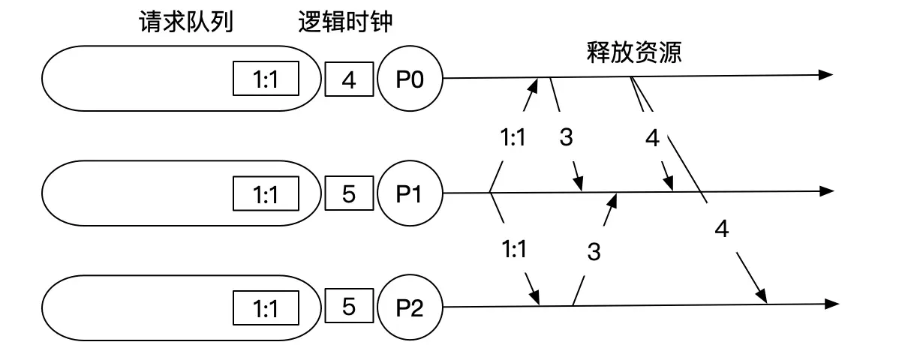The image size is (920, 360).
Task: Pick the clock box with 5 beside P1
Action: (348, 193)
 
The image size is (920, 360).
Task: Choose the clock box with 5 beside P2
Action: (348, 307)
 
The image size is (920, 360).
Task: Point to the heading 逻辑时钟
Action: (344, 23)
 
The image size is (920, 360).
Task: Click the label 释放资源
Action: (633, 53)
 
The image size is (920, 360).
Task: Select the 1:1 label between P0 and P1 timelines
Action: (513, 138)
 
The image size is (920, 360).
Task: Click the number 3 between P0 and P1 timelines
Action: (567, 138)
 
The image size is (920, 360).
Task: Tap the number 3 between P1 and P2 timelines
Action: (594, 252)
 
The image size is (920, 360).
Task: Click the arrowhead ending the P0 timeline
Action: (825, 75)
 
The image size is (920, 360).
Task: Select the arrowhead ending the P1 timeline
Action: (826, 191)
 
